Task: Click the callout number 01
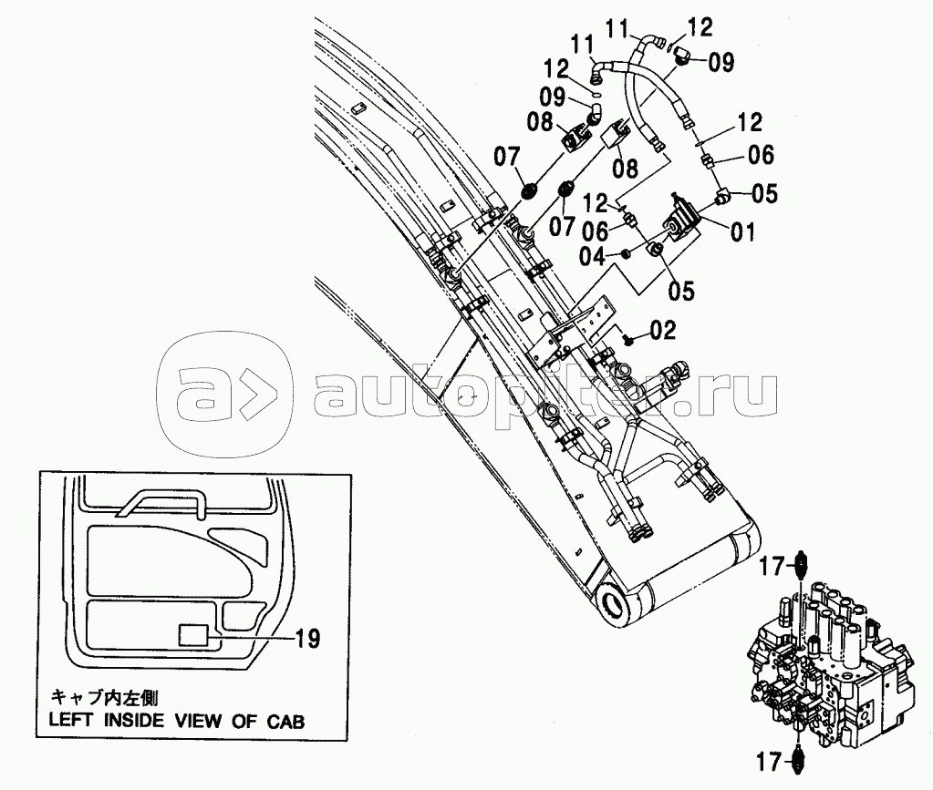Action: tap(742, 231)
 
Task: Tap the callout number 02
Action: tap(663, 330)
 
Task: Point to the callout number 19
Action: tap(307, 639)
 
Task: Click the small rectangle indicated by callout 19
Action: tap(193, 635)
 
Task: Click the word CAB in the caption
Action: tap(285, 722)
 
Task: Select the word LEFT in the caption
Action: tap(70, 722)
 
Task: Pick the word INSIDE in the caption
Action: tap(133, 722)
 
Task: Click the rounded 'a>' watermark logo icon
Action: tap(224, 395)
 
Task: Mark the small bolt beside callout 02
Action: tap(627, 340)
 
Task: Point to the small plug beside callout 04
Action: tap(625, 254)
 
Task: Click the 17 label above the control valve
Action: tap(772, 567)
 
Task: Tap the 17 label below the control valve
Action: tap(769, 762)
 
